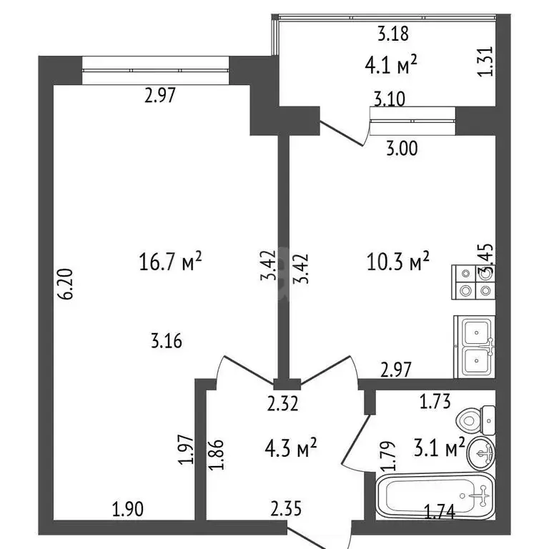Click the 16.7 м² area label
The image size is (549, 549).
tap(171, 261)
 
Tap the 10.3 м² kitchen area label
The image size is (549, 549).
tap(398, 261)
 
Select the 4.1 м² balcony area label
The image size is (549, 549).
tap(391, 65)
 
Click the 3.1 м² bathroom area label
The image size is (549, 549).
tap(439, 447)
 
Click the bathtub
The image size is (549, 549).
tap(435, 496)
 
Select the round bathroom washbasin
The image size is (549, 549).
tap(481, 453)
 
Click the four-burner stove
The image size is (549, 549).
tap(473, 282)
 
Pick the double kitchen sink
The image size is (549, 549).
tap(475, 347)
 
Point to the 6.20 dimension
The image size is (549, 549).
tap(66, 284)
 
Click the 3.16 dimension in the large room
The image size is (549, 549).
tap(167, 341)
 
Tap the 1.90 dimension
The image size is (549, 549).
tap(128, 509)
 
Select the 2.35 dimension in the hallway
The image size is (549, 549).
tap(286, 508)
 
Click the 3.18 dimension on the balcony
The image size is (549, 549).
tap(393, 34)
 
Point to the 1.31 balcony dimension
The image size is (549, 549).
tap(486, 61)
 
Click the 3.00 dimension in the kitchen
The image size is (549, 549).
tap(402, 148)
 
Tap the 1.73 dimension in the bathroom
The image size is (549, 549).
tap(435, 401)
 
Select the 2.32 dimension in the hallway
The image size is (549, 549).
tap(283, 403)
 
